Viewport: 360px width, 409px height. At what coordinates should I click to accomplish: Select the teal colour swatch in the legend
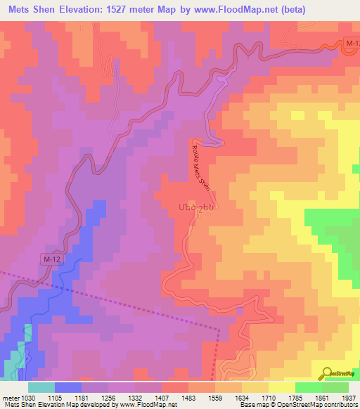pyautogui.click(x=41, y=387)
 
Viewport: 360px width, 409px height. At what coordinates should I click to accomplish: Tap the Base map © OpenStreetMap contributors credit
pyautogui.click(x=297, y=405)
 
